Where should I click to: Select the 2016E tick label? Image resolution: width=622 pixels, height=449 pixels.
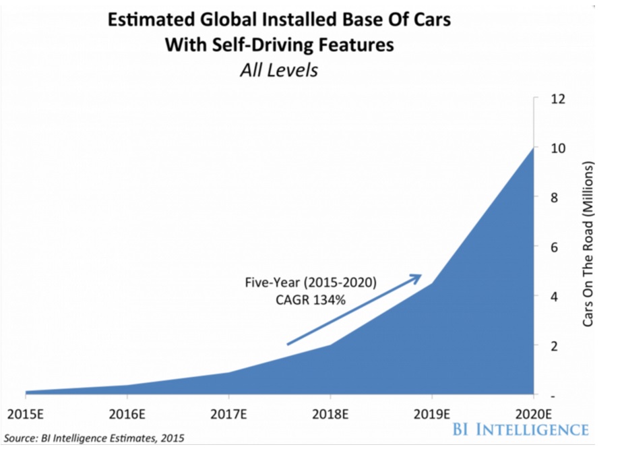tap(127, 413)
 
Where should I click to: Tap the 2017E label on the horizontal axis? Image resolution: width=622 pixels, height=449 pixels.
tap(228, 413)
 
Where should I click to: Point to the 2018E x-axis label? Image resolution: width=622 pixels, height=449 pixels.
tap(330, 413)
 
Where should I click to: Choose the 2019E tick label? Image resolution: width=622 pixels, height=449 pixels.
tap(432, 413)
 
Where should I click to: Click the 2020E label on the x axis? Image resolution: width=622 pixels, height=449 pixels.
tap(534, 413)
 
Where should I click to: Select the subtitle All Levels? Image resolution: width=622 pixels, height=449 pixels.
tap(279, 70)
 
